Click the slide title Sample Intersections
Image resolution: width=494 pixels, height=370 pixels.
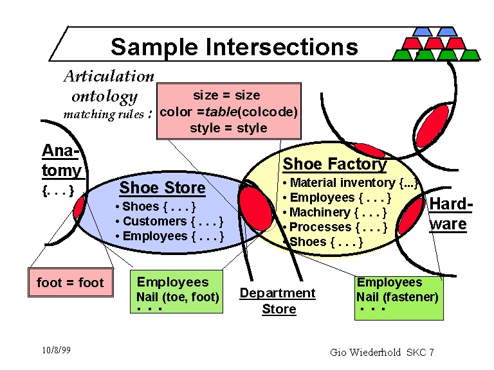pos(234,47)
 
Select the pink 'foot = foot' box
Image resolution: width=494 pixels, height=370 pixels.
pos(70,283)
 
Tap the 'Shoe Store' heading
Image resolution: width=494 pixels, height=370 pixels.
pos(162,188)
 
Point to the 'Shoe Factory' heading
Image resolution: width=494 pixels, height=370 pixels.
pos(334,164)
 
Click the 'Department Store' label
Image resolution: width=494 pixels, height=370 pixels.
pos(277,301)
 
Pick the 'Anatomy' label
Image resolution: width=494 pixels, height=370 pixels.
pos(62,161)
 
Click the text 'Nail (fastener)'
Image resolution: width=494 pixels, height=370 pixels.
pos(397,297)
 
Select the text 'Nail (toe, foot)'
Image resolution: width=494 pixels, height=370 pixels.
pos(178,297)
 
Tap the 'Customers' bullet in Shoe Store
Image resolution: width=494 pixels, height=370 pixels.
pos(169,221)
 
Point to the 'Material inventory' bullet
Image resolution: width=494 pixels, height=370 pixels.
pos(351,183)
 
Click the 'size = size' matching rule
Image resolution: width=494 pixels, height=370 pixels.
pos(226,95)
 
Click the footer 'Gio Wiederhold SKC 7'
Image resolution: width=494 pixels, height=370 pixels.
pos(382,352)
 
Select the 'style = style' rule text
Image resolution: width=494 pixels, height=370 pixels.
pos(228,128)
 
